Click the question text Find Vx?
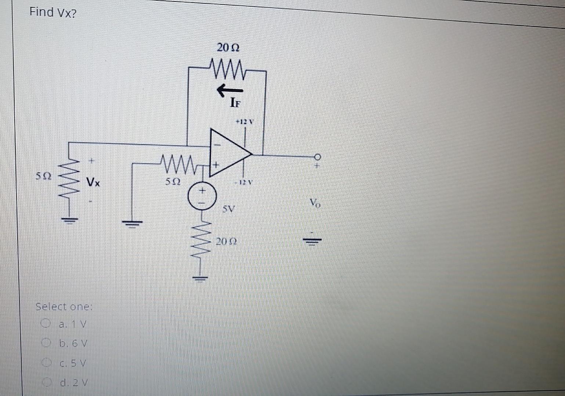point(53,12)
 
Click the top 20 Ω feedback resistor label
point(228,48)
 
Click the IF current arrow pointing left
point(230,90)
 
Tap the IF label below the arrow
point(235,103)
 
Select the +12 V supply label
point(245,121)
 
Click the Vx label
point(93,181)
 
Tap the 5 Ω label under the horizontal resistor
point(173,181)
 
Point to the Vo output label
point(315,202)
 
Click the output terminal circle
point(317,157)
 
